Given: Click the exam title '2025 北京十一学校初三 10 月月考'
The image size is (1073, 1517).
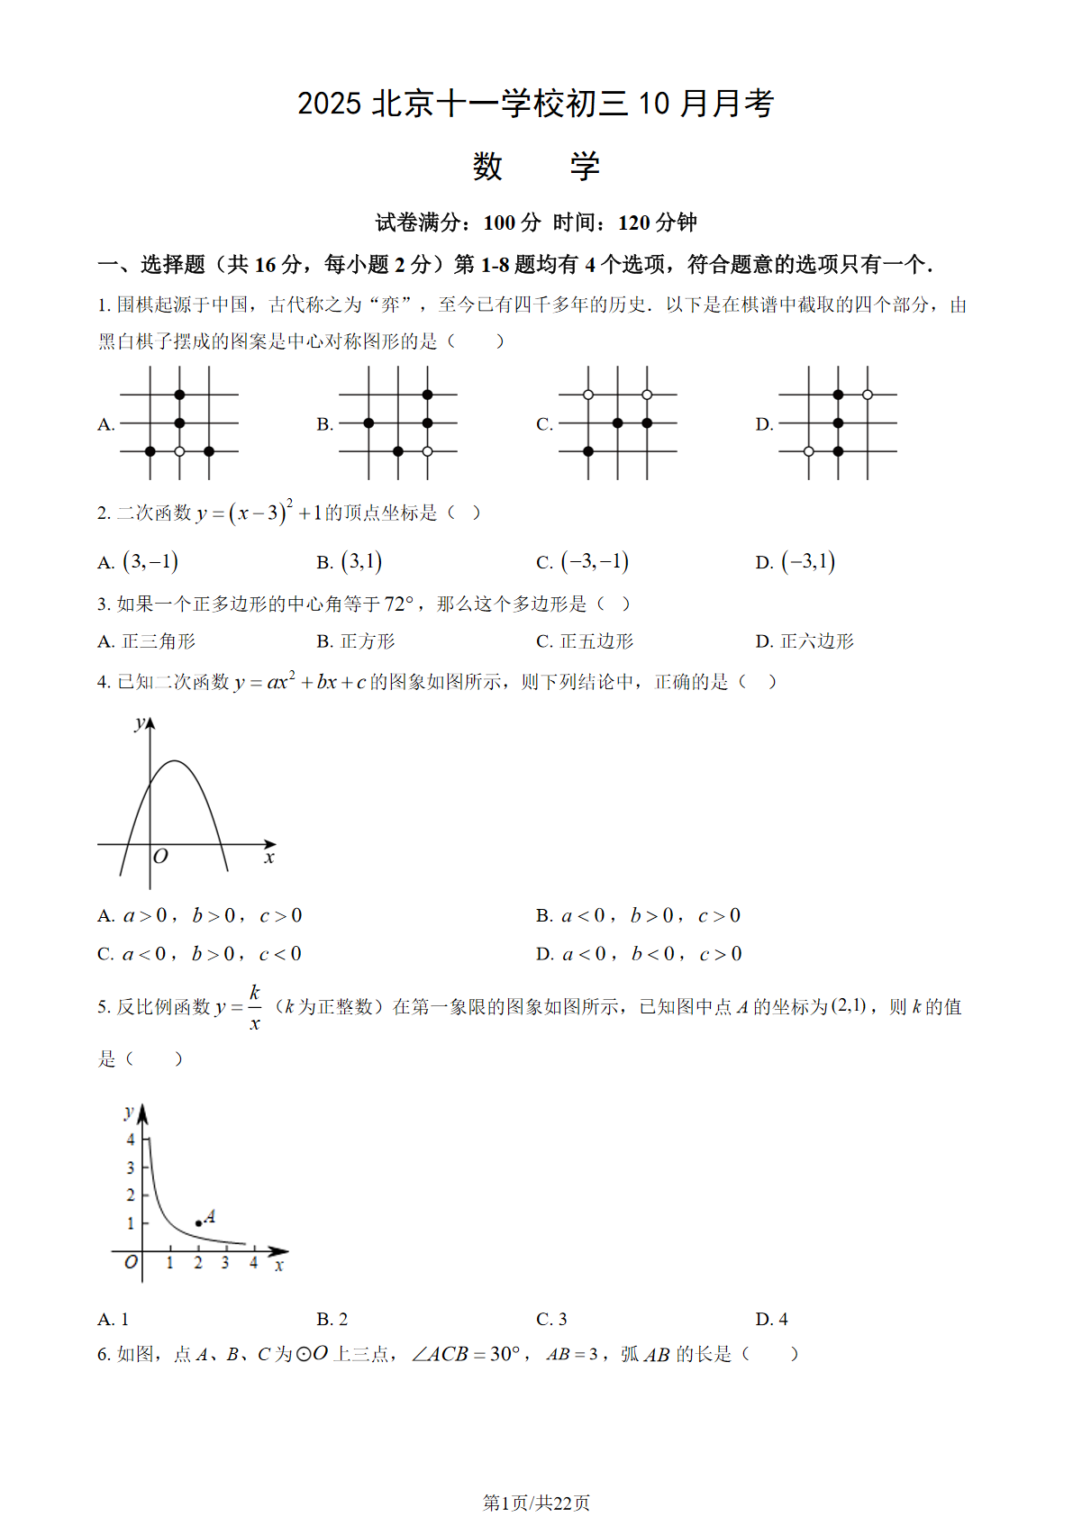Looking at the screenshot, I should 535,104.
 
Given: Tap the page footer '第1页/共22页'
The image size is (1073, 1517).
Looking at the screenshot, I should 536,1502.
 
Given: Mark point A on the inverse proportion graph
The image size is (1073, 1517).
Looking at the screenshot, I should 198,1223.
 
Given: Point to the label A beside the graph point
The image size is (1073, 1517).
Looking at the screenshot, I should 210,1216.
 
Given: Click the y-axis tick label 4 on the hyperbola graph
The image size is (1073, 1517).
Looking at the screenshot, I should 131,1140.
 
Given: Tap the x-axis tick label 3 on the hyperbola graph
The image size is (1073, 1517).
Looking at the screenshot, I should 225,1263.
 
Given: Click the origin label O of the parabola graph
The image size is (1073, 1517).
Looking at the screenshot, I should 160,857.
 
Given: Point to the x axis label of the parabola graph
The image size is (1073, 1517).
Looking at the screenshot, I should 268,858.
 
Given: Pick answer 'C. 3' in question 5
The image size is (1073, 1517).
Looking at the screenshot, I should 551,1319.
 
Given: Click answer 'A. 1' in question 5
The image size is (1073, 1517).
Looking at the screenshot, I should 114,1319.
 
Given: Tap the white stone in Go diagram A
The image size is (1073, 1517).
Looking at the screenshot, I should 179,451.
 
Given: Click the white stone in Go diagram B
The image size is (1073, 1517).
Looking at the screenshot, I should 427,451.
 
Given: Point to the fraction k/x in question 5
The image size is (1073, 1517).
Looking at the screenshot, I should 255,1007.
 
